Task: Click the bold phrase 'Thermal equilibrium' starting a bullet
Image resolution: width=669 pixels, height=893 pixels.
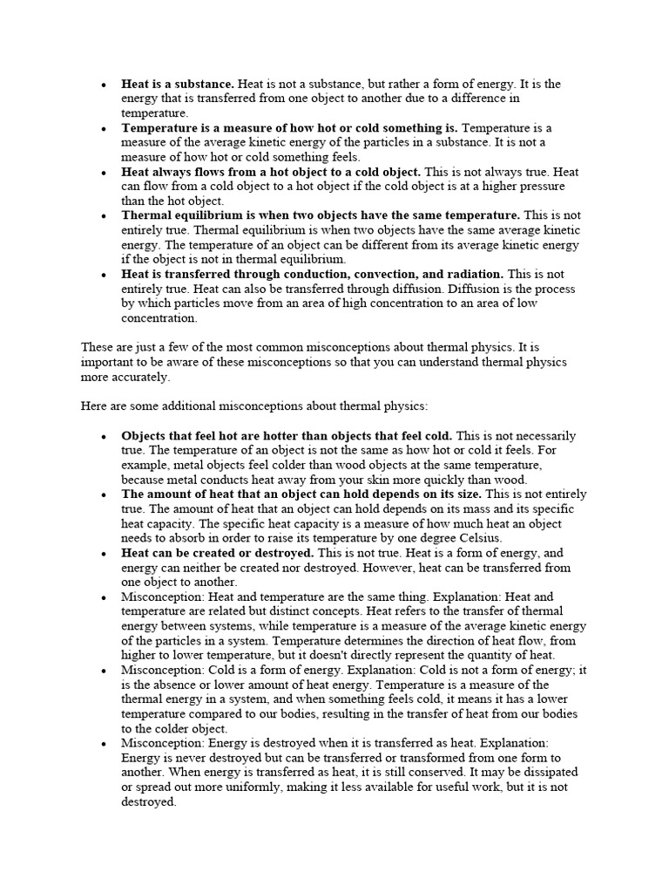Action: (180, 215)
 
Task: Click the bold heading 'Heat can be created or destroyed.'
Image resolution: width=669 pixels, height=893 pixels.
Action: (217, 553)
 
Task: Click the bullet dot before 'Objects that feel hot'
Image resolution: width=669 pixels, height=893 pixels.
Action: (103, 436)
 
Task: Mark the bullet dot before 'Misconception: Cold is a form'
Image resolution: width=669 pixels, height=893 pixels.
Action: (103, 671)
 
